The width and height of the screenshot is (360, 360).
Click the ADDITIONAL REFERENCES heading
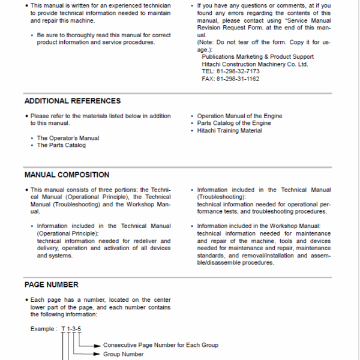tap(72, 101)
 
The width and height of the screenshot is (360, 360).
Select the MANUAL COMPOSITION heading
tap(67, 175)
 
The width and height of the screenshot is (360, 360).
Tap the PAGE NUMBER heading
tap(51, 284)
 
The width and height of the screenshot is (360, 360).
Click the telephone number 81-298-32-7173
tap(239, 71)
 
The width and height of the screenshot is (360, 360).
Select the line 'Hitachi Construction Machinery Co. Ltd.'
tap(255, 64)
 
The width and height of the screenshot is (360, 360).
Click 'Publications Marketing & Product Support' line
tap(257, 57)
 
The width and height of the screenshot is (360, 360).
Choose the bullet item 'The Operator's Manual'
tap(68, 138)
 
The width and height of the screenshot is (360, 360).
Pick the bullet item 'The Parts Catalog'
tap(61, 145)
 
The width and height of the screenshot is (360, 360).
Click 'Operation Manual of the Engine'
tap(239, 116)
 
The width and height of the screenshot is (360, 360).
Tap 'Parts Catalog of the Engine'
tap(234, 123)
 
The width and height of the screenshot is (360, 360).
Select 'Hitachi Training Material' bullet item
tap(229, 131)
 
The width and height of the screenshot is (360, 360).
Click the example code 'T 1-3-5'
tap(71, 329)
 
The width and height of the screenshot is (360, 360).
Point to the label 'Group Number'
tap(123, 354)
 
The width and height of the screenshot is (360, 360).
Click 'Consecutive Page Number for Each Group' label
tap(160, 345)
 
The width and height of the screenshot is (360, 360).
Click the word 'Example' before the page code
tap(43, 329)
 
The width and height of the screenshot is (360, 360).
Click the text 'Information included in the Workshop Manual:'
tap(259, 226)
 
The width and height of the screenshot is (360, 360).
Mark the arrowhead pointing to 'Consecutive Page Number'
tap(98, 345)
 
